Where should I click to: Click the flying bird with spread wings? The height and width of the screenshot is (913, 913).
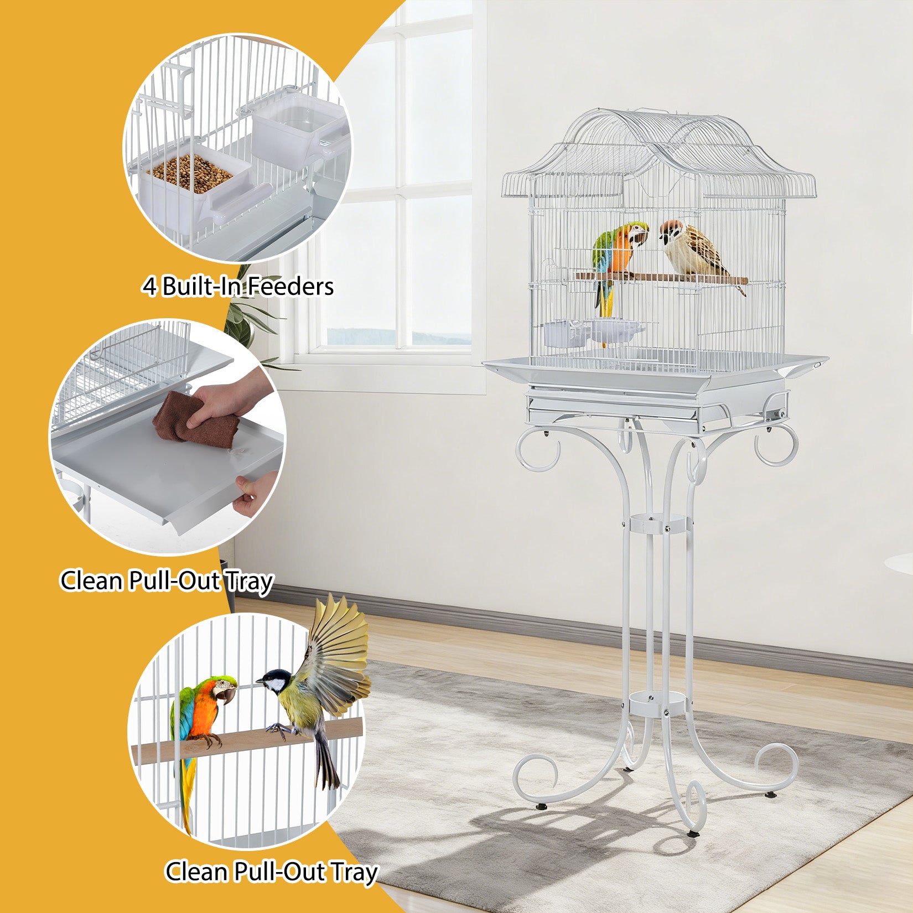tap(318, 686)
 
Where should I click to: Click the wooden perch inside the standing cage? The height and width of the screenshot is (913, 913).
tap(662, 278)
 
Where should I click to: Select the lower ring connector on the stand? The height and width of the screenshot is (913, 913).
tap(657, 703)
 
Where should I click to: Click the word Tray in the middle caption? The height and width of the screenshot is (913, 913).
tap(249, 582)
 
